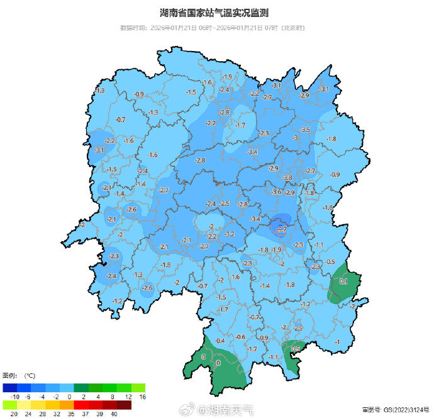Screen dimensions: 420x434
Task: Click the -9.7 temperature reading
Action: (282, 229)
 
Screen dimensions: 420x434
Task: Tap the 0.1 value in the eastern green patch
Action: (343, 281)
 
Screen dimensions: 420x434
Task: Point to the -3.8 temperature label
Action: (287, 178)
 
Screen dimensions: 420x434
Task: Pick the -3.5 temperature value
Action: (306, 130)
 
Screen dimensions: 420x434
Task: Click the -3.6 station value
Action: (276, 191)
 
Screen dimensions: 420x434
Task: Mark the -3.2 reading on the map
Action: (230, 234)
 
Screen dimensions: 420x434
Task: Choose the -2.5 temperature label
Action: (225, 203)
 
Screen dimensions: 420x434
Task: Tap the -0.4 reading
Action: (220, 341)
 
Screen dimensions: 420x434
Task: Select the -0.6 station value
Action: (240, 337)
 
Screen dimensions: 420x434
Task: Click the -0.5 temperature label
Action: (330, 262)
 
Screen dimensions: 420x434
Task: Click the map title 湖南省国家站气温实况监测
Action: (217, 13)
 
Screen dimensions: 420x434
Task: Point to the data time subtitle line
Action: (217, 28)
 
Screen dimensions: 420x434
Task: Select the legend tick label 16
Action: (142, 397)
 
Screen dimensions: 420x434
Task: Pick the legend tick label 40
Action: (114, 414)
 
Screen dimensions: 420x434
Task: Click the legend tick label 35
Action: (71, 414)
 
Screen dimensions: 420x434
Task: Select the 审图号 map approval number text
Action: (396, 411)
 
